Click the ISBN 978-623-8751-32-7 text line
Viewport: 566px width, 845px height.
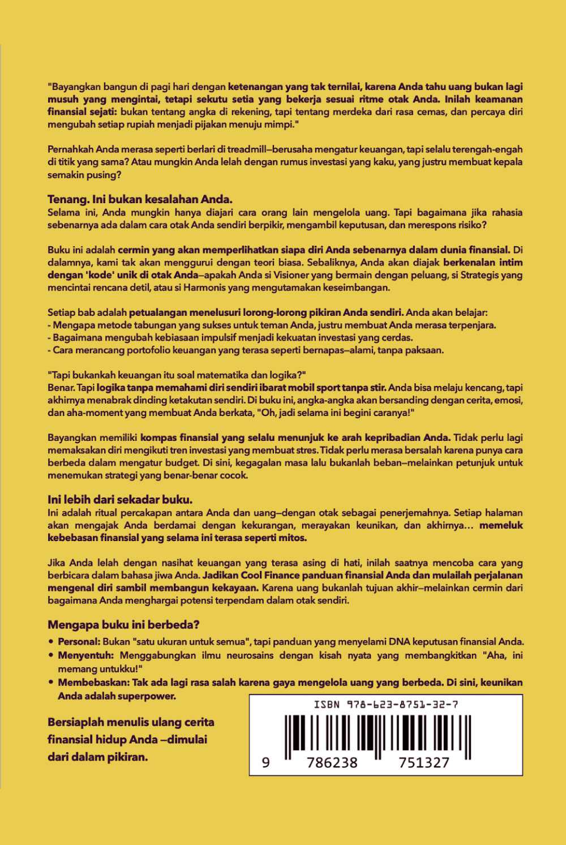pyautogui.click(x=385, y=704)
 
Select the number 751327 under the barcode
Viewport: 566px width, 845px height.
pyautogui.click(x=424, y=763)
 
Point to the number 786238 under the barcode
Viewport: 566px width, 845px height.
pyautogui.click(x=332, y=763)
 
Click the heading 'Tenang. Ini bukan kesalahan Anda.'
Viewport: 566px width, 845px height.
pyautogui.click(x=140, y=199)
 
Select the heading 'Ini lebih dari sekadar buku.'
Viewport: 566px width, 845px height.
pyautogui.click(x=120, y=500)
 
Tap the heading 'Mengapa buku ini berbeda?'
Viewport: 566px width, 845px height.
pyautogui.click(x=123, y=625)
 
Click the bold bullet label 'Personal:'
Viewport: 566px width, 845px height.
pyautogui.click(x=79, y=642)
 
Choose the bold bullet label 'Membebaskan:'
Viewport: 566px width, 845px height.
pyautogui.click(x=93, y=683)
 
